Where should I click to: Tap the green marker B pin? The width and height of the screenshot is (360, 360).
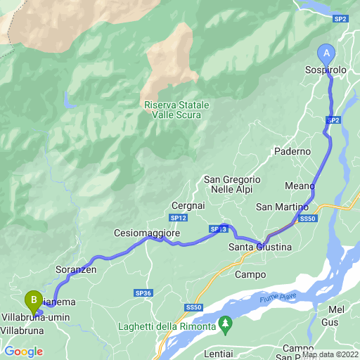tap(32, 301)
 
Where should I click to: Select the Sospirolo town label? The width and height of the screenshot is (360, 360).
tap(326, 72)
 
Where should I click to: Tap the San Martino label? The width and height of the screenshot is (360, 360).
tap(282, 207)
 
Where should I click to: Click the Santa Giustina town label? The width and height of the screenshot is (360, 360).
tap(260, 247)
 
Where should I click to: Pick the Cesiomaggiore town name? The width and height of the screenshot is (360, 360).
tap(148, 233)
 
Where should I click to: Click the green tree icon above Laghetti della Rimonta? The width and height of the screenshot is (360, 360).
tap(226, 324)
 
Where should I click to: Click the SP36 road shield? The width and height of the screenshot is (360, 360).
tap(143, 292)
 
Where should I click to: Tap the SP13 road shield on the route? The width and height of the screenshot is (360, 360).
tap(217, 229)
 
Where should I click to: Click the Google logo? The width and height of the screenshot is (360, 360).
tap(23, 352)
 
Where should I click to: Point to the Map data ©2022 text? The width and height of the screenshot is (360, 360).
tap(330, 354)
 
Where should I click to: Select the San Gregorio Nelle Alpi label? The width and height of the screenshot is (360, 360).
tap(233, 185)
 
